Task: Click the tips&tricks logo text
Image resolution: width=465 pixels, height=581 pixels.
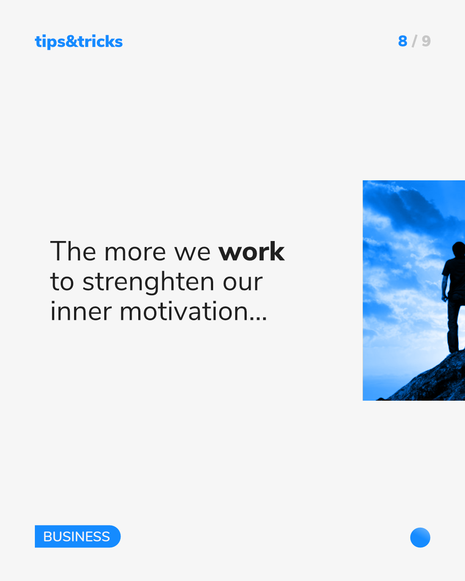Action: (79, 42)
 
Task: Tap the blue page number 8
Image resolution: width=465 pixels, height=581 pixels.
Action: (403, 41)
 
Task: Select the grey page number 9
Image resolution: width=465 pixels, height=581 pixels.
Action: (426, 41)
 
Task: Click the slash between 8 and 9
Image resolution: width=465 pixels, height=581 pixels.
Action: (414, 41)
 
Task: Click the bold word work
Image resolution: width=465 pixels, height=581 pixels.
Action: (251, 252)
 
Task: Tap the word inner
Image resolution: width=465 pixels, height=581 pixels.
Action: (81, 312)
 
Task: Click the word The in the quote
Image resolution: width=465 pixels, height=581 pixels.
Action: (73, 251)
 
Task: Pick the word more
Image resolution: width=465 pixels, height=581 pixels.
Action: (135, 254)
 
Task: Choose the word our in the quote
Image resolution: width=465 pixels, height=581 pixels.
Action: (242, 284)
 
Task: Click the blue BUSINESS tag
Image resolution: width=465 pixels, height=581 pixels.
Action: (77, 536)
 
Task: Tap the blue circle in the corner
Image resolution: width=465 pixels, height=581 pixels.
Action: (420, 537)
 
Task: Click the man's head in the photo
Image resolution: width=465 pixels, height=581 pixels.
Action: (459, 249)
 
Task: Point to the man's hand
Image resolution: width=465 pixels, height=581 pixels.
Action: (444, 298)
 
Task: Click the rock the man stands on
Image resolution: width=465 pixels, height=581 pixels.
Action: (432, 381)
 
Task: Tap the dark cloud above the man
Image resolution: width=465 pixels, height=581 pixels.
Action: (411, 208)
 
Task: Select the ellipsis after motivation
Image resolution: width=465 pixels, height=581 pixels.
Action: (258, 318)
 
